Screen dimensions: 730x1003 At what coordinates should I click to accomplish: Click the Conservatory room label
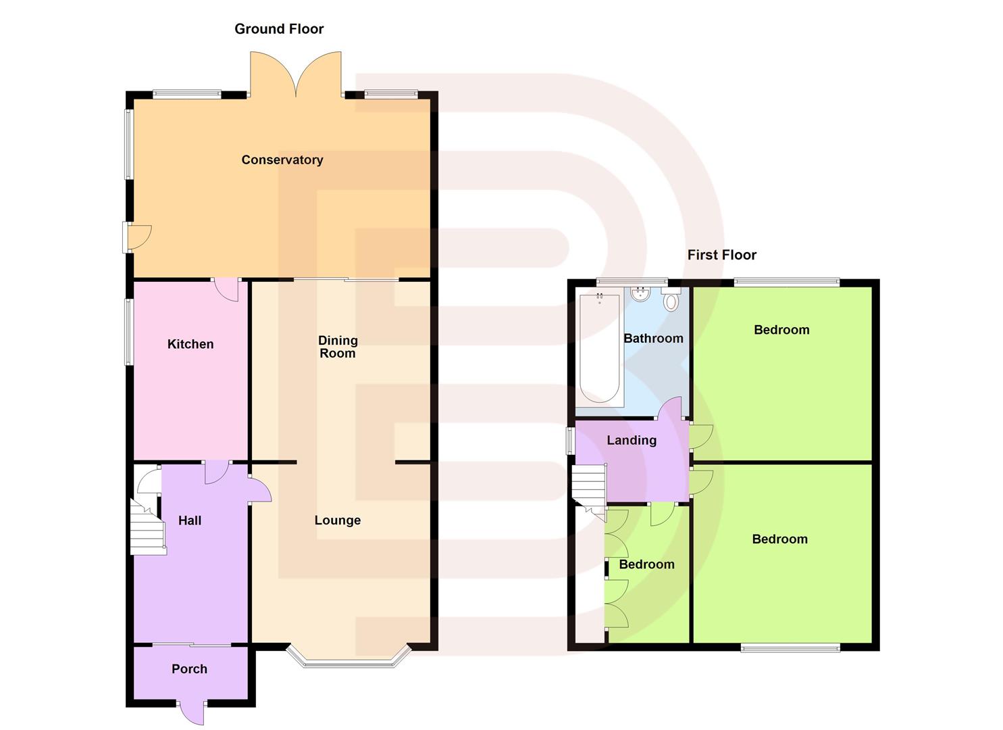coord(282,160)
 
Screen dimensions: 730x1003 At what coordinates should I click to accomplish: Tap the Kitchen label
coord(190,344)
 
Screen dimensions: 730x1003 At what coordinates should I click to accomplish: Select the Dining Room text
coord(337,347)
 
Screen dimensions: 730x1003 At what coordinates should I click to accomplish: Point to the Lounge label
coord(337,520)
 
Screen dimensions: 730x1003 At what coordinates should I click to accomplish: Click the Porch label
coord(189,669)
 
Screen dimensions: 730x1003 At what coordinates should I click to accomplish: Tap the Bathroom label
coord(652,339)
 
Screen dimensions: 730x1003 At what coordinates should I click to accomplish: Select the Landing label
coord(631,441)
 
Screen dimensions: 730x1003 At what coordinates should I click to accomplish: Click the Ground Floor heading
coord(279,29)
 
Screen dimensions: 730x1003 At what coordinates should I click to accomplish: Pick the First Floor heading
coord(721,255)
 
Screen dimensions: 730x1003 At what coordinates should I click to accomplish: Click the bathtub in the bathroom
coord(599,348)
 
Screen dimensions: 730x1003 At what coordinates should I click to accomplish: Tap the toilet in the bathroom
coord(671,300)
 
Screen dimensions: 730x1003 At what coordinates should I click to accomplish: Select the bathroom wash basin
coord(639,295)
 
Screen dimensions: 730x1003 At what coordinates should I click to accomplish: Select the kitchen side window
coord(128,333)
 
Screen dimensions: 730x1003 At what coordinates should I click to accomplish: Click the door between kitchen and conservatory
coord(226,289)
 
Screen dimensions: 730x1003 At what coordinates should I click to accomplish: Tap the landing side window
coord(570,441)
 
